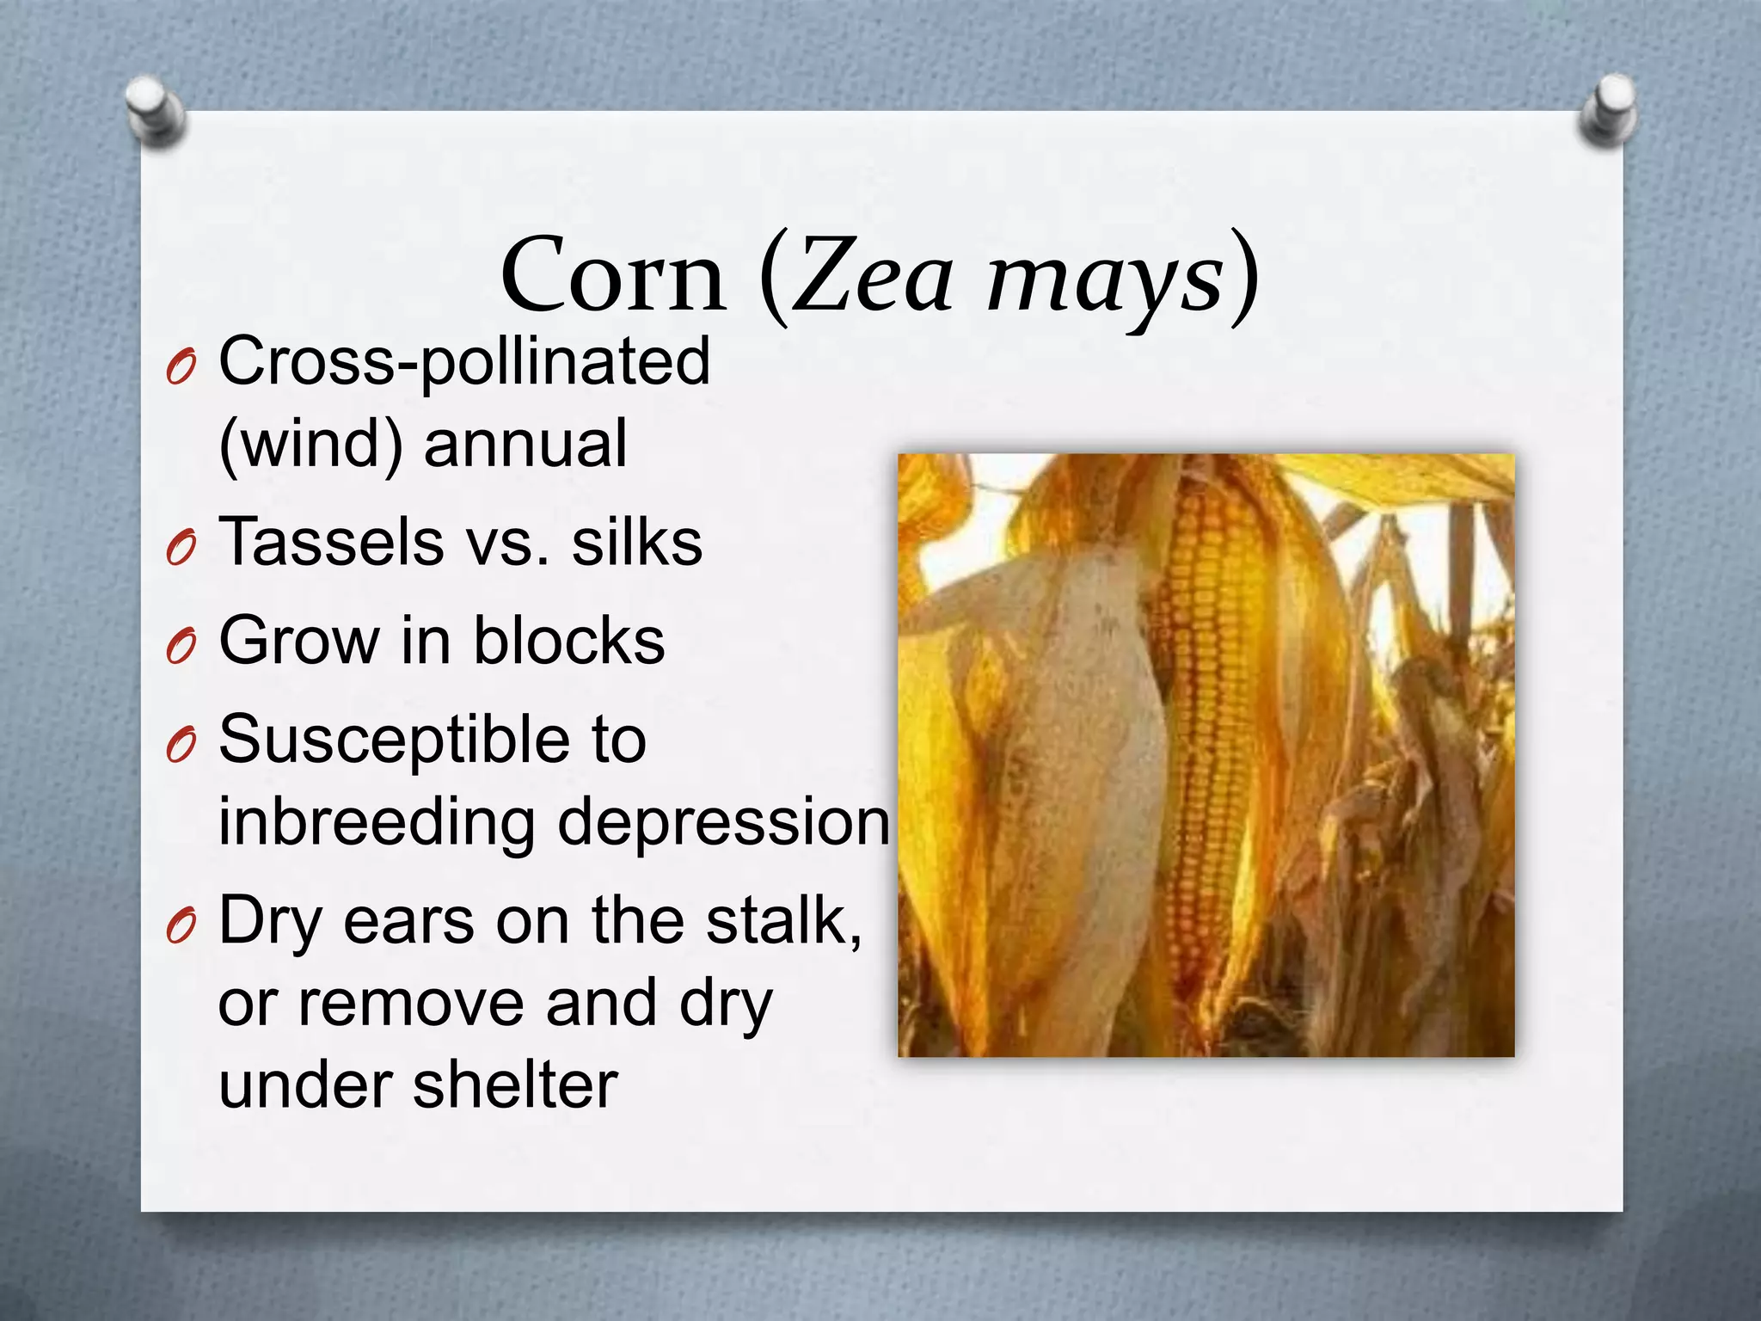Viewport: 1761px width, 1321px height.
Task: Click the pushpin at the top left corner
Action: (x=155, y=112)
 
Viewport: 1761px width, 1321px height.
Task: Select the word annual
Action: (x=525, y=444)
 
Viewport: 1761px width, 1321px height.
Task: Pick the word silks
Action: (x=637, y=543)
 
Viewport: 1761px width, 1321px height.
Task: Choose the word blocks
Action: (x=569, y=641)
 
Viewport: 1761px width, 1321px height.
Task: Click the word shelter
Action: (x=515, y=1084)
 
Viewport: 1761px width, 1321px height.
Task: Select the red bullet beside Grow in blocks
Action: (x=181, y=646)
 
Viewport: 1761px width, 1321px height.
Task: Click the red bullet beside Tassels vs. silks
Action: (x=181, y=548)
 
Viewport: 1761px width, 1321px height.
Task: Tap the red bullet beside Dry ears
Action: (x=181, y=926)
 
